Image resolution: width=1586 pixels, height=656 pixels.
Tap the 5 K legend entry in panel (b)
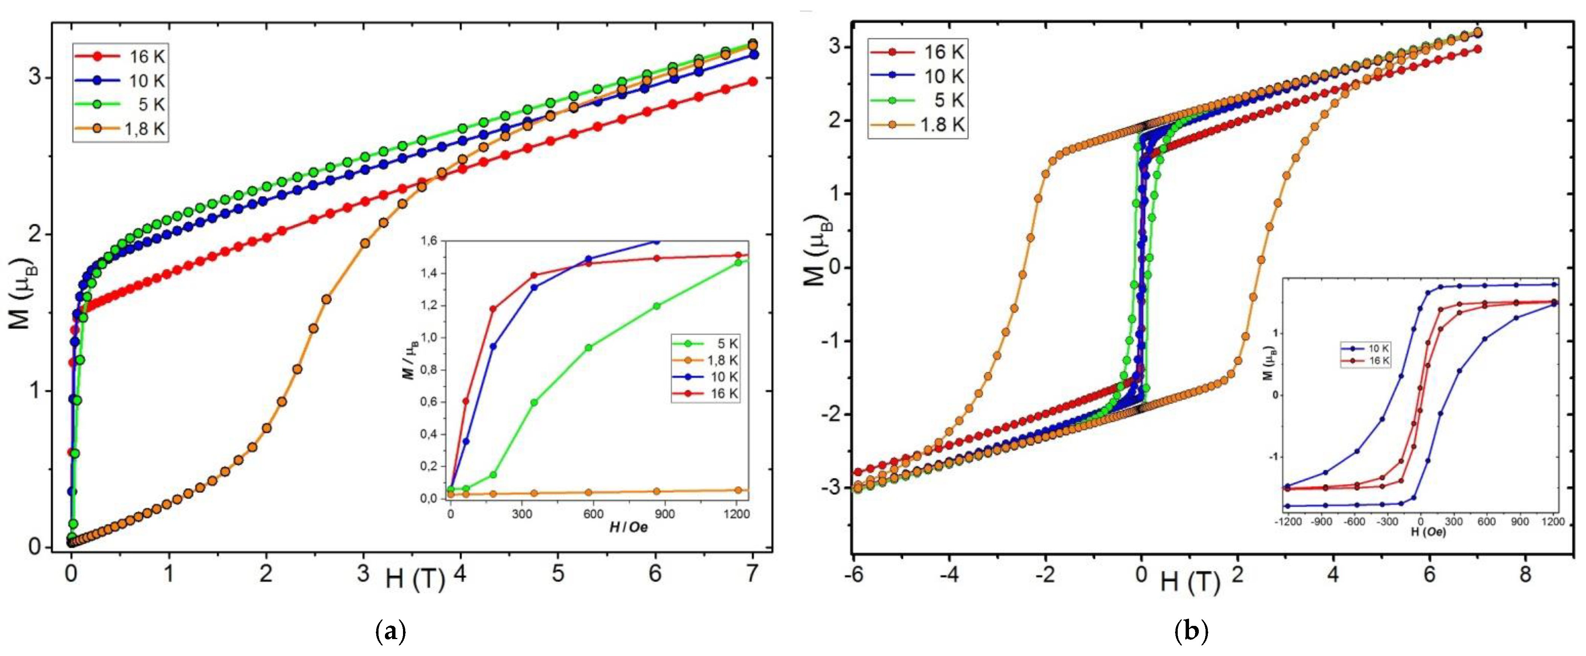(917, 100)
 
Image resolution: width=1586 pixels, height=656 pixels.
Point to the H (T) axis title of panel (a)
(415, 579)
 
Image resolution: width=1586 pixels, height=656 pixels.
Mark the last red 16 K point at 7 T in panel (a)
(752, 81)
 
